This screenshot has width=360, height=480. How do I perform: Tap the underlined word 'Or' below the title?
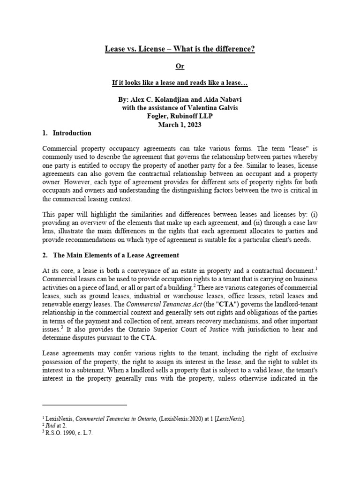pyautogui.click(x=180, y=66)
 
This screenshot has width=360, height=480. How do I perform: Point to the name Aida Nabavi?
pyautogui.click(x=220, y=100)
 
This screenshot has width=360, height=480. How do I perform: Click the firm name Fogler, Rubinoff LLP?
pyautogui.click(x=180, y=117)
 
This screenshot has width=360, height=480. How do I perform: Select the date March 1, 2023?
pyautogui.click(x=180, y=125)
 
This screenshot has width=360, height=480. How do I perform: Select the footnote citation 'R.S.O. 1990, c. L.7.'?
pyautogui.click(x=69, y=433)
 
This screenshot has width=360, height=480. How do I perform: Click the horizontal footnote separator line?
pyautogui.click(x=84, y=404)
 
